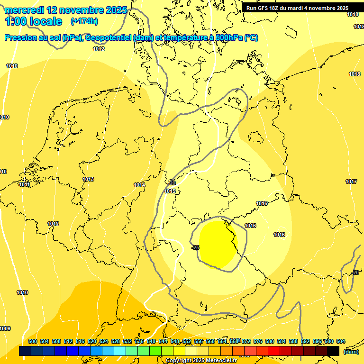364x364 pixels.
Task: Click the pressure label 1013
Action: (88, 179)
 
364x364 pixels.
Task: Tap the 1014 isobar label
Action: (139, 185)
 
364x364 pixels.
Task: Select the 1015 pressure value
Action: (170, 191)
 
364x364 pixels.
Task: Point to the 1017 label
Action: (351, 182)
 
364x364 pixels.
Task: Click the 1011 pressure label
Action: (25, 184)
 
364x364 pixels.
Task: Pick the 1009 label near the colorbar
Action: (5, 328)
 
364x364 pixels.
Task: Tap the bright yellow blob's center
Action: (218, 245)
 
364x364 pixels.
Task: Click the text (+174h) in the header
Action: (84, 21)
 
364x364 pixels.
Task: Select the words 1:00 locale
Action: (34, 21)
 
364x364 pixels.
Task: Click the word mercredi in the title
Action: (24, 9)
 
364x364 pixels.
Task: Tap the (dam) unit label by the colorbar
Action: (351, 351)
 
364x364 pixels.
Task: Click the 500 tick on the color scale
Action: (33, 341)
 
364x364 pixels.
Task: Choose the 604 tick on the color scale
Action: (341, 341)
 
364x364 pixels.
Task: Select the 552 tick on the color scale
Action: (187, 341)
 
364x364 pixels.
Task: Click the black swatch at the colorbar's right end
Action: (333, 351)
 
